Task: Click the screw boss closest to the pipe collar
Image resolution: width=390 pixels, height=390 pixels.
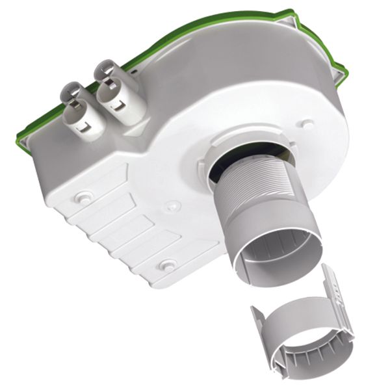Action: pos(171,206)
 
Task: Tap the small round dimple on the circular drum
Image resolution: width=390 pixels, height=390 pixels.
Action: pos(308,123)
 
